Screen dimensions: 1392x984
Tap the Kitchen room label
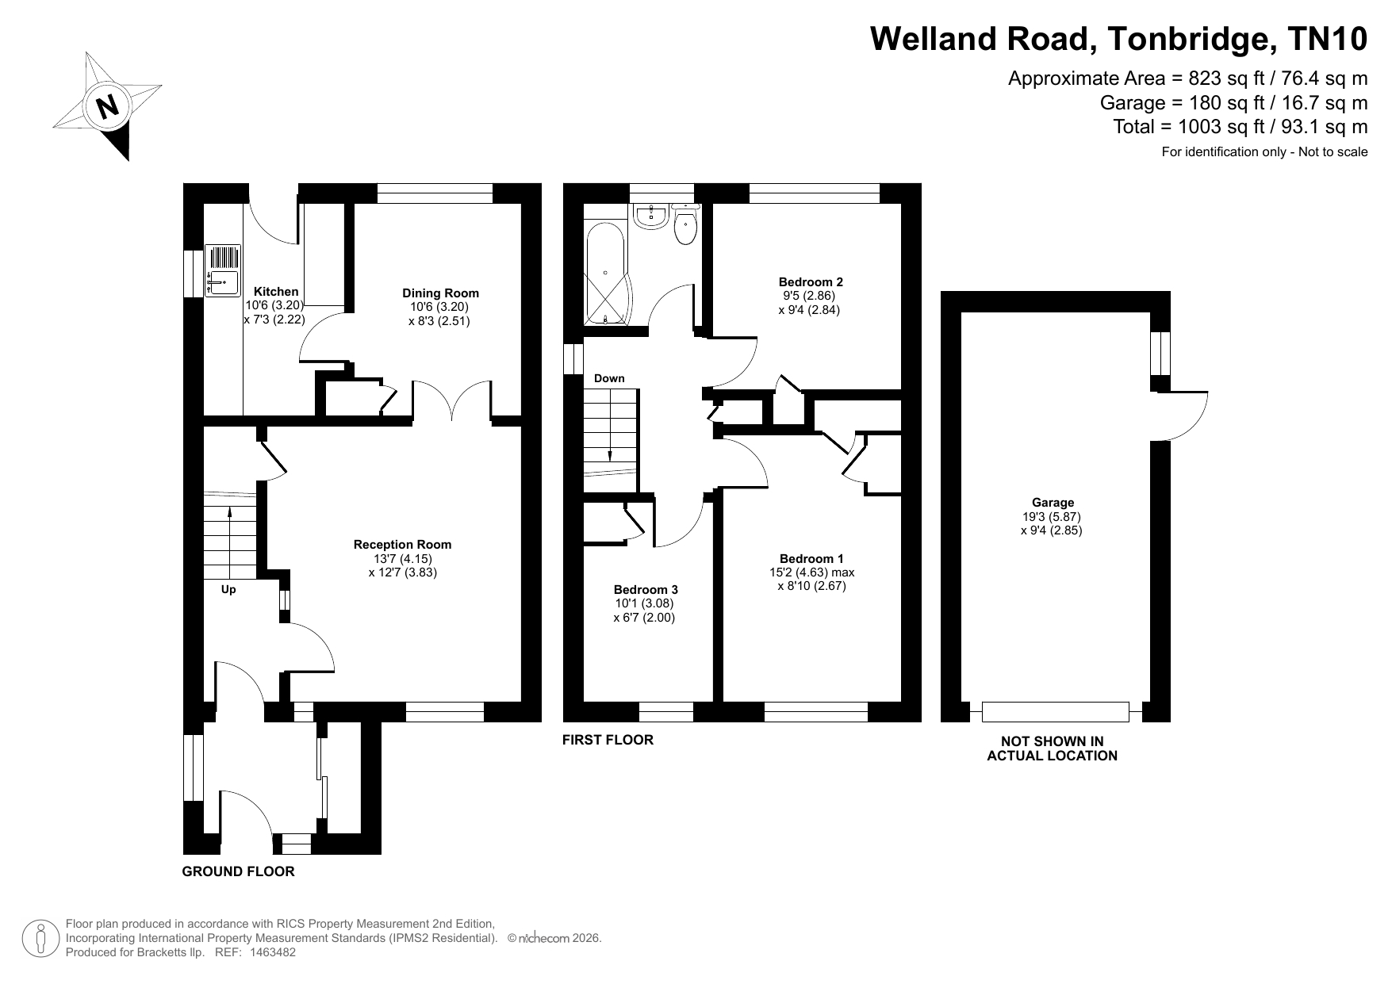click(276, 292)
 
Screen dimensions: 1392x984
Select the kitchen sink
click(223, 270)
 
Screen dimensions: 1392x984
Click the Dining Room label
click(440, 293)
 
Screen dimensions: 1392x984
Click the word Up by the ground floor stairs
click(228, 589)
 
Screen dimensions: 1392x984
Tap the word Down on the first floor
click(609, 378)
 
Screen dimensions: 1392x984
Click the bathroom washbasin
click(652, 215)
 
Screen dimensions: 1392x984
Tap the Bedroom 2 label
click(811, 281)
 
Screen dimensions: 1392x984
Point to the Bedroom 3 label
click(646, 589)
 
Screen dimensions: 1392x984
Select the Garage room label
click(1053, 502)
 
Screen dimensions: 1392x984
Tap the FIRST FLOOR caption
click(608, 740)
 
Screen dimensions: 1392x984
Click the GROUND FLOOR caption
click(238, 871)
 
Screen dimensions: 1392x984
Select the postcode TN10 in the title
click(1329, 39)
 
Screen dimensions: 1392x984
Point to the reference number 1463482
click(273, 952)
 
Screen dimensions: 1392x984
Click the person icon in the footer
click(41, 938)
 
